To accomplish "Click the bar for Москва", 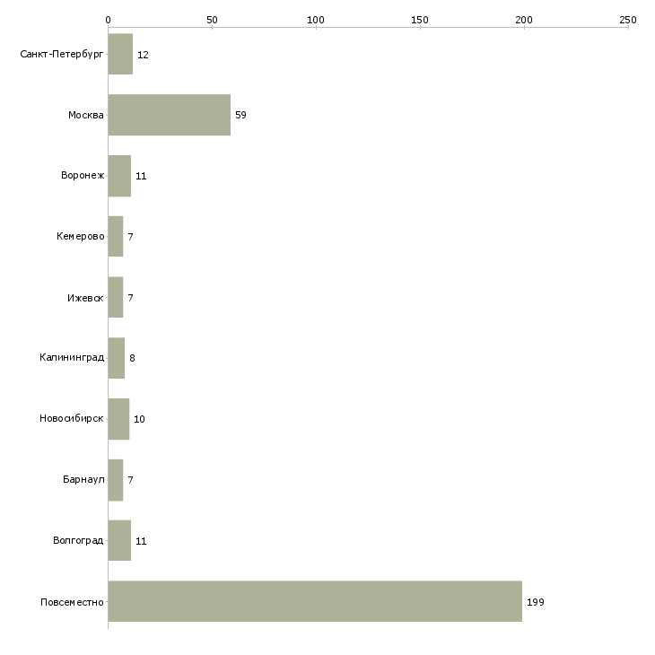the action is click(170, 115).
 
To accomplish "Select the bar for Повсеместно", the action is click(315, 601).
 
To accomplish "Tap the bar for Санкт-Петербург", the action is click(120, 54).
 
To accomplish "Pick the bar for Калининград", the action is click(116, 358).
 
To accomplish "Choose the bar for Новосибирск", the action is click(118, 419).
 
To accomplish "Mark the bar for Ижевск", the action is click(115, 297).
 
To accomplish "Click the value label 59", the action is click(240, 115).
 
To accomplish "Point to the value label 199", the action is click(536, 602).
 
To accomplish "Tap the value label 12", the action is click(143, 55).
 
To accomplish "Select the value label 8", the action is click(132, 358).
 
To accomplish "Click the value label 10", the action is click(139, 419).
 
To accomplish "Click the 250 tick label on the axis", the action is click(628, 20).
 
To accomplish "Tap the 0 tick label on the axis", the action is click(108, 20).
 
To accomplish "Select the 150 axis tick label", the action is click(420, 20).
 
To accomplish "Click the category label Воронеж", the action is click(83, 175).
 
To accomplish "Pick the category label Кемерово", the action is click(81, 236).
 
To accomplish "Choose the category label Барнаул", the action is click(83, 479).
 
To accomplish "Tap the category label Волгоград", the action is click(78, 540).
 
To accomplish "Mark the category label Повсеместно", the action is click(72, 602).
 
